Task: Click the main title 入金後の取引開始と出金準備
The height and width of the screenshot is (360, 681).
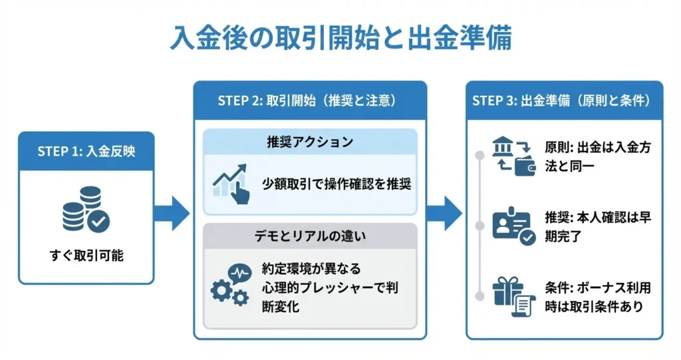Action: pyautogui.click(x=340, y=38)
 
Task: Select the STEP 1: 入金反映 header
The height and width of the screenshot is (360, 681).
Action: pyautogui.click(x=86, y=150)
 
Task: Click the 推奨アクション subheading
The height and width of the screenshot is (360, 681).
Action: pyautogui.click(x=310, y=142)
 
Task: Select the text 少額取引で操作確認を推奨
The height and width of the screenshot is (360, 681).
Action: pyautogui.click(x=337, y=184)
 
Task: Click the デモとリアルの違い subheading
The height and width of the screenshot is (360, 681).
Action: pyautogui.click(x=310, y=236)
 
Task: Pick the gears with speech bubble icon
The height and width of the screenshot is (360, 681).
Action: pyautogui.click(x=230, y=285)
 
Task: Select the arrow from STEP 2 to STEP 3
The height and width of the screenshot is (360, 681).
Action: pyautogui.click(x=444, y=213)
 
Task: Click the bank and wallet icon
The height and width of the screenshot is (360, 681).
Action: pyautogui.click(x=513, y=156)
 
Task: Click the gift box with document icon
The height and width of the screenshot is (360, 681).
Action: pyautogui.click(x=513, y=297)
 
